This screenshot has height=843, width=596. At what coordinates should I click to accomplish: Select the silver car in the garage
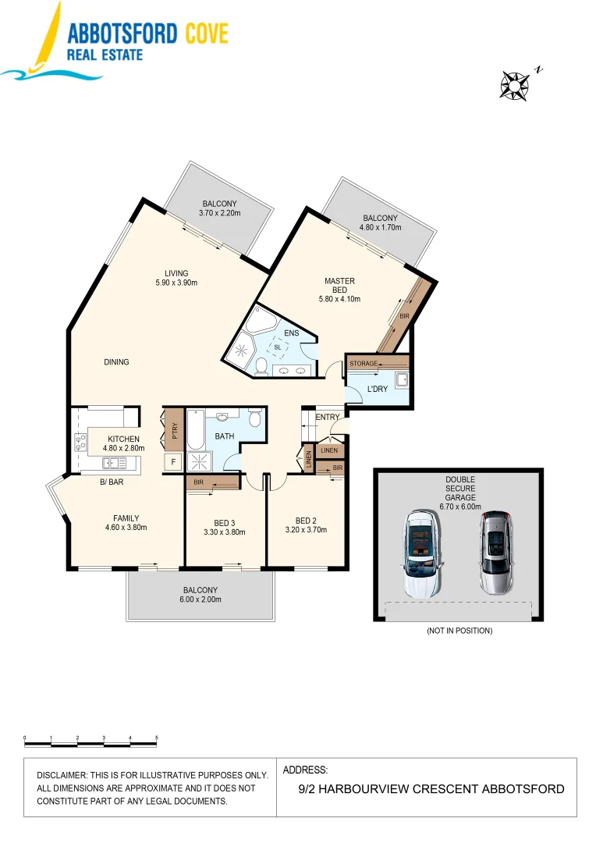point(495,553)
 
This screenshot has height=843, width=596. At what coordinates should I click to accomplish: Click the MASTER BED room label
point(339,286)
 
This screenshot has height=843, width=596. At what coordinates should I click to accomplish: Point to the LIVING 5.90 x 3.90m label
point(176,278)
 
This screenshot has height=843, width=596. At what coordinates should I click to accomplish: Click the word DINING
point(116,362)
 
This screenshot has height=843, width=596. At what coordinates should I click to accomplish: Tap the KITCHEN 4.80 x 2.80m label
point(123,443)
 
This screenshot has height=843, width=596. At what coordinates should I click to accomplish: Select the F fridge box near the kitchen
point(173,462)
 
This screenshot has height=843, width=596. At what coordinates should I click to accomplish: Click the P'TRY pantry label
point(175,432)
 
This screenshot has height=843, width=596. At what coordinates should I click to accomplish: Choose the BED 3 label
point(224,528)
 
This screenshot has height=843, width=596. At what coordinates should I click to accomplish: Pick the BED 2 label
point(305,525)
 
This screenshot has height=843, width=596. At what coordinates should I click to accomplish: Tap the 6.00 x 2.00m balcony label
point(200,595)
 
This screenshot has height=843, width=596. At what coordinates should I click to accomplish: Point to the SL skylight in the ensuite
point(277,347)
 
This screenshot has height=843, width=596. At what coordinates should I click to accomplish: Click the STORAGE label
point(364,364)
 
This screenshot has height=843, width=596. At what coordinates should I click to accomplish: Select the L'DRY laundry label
point(378,389)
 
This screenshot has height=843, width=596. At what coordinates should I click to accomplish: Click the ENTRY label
point(328,418)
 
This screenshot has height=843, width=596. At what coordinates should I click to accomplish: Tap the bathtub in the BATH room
point(195,427)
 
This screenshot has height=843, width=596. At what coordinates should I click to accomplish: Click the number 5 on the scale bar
point(157,737)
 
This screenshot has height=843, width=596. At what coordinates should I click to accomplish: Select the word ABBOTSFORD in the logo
point(122,34)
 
